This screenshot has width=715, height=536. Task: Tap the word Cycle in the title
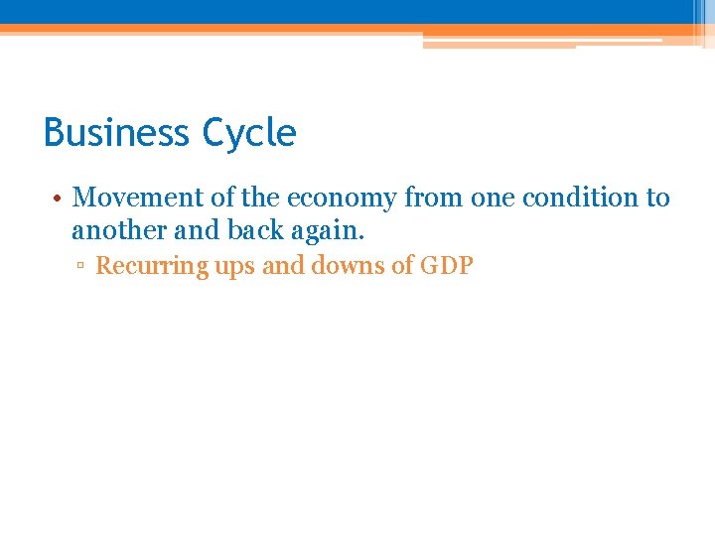coord(248,133)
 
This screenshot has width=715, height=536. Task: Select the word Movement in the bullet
coord(138,199)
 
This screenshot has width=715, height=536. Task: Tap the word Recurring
coord(151,266)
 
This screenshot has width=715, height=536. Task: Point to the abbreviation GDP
coord(446,266)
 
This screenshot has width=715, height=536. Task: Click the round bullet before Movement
coord(59,199)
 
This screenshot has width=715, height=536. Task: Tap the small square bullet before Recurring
coord(83,267)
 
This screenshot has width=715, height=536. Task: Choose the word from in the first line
coord(433,199)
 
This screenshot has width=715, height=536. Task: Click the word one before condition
coord(493,199)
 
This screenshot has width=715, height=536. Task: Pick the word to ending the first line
coord(658,199)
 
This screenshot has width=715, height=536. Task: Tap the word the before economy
coord(261,199)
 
